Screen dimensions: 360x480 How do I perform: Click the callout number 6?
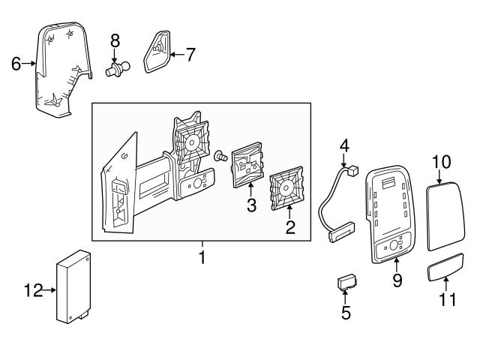pyautogui.click(x=16, y=64)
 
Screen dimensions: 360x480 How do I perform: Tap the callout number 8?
pyautogui.click(x=115, y=39)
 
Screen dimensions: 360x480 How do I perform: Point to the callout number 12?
pyautogui.click(x=31, y=289)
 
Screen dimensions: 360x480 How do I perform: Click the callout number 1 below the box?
pyautogui.click(x=202, y=258)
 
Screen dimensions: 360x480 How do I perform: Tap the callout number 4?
pyautogui.click(x=344, y=144)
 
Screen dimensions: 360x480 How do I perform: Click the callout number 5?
pyautogui.click(x=346, y=311)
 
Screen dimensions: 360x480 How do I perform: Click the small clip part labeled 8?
pyautogui.click(x=115, y=70)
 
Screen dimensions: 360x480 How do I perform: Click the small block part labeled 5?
pyautogui.click(x=346, y=282)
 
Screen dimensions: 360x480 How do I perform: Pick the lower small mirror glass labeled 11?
pyautogui.click(x=445, y=268)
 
